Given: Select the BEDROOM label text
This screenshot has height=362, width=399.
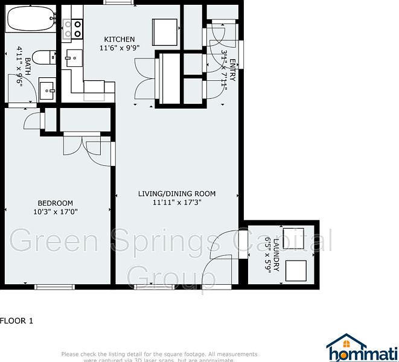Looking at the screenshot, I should click(55, 203).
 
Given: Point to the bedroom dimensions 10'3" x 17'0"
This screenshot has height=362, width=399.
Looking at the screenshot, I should click(55, 211).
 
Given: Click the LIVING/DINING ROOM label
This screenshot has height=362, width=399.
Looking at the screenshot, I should click(176, 194).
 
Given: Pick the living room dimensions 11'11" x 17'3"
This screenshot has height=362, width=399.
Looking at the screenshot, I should click(176, 203).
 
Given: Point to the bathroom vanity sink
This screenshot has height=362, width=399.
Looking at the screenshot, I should click(48, 91).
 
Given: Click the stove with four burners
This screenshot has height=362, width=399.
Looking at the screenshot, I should click(73, 28).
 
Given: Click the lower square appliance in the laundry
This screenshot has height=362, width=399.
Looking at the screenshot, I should click(295, 270).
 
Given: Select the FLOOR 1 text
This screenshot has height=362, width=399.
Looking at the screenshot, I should click(17, 321).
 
